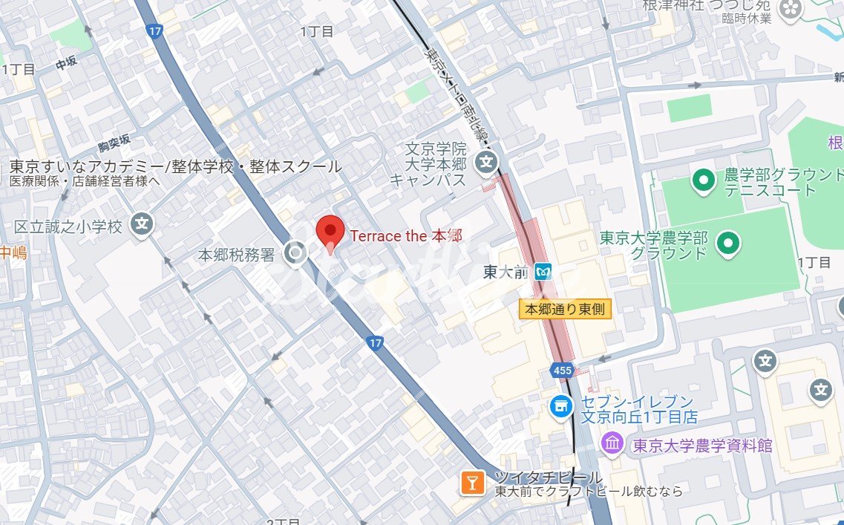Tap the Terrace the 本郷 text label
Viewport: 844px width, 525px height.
tap(406, 236)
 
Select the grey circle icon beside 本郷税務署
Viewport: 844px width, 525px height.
tap(296, 254)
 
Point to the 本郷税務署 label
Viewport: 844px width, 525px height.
tap(235, 255)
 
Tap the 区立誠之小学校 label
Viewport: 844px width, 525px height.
tap(68, 226)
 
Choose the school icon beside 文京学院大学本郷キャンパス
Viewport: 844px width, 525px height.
tap(487, 160)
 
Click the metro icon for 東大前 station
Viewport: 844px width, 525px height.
tap(545, 273)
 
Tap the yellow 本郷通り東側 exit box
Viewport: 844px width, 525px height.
tap(564, 309)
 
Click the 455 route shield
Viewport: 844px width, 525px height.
tap(561, 369)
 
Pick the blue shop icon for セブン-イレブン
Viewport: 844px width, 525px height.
tap(560, 405)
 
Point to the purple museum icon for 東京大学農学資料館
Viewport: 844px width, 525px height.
tap(612, 444)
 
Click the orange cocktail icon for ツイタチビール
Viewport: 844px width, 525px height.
tap(471, 483)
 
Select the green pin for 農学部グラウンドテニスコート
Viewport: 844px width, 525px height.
tap(702, 179)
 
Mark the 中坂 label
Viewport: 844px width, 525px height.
tap(66, 65)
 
